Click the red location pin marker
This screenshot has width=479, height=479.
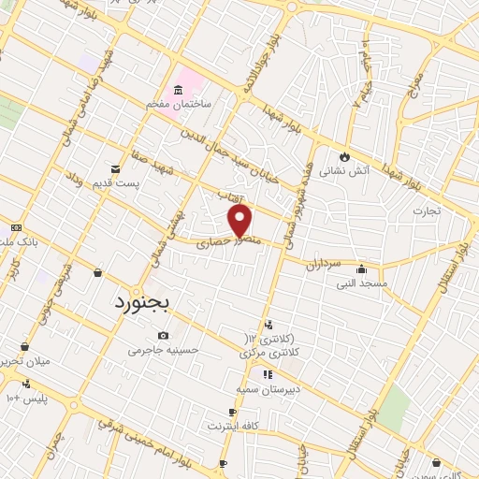[240, 221]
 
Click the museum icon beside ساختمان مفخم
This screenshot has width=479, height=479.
[177, 91]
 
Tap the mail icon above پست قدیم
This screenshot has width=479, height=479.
[114, 168]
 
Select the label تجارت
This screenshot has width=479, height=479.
[433, 210]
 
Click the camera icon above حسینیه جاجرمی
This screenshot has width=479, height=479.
[164, 335]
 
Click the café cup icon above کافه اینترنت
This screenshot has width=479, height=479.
[232, 412]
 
